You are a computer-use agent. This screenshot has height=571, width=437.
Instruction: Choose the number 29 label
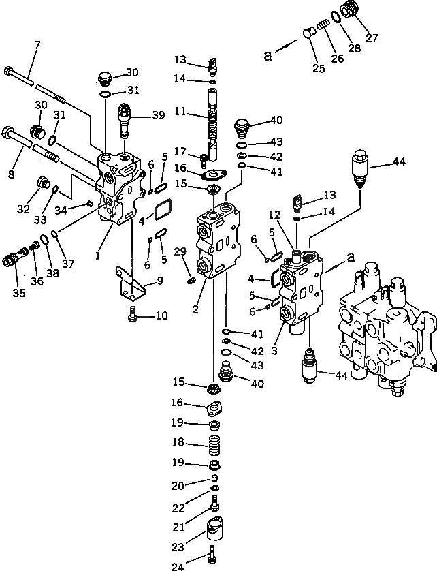pyautogui.click(x=179, y=252)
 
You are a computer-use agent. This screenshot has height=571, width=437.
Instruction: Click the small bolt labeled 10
pyautogui.click(x=133, y=315)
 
